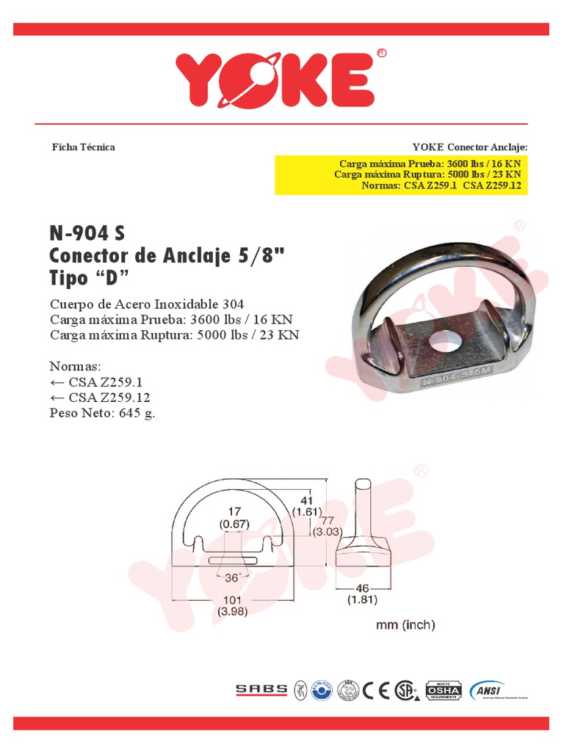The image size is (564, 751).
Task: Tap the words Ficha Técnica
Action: coord(83,147)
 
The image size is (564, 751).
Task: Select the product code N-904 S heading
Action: coord(87,233)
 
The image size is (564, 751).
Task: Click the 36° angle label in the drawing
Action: coord(234,577)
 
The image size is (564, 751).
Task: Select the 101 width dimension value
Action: coord(233,598)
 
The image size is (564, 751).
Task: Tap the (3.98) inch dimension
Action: coord(233,610)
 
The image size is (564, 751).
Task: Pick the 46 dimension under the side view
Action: coord(361,588)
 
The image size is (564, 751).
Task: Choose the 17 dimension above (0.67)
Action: coord(235,512)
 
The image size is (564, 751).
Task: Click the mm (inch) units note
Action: coord(405,625)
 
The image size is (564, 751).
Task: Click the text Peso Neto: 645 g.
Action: coord(102,412)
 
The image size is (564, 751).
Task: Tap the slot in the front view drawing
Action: coord(233,561)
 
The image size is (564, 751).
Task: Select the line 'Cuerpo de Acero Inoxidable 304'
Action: coord(147,304)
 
